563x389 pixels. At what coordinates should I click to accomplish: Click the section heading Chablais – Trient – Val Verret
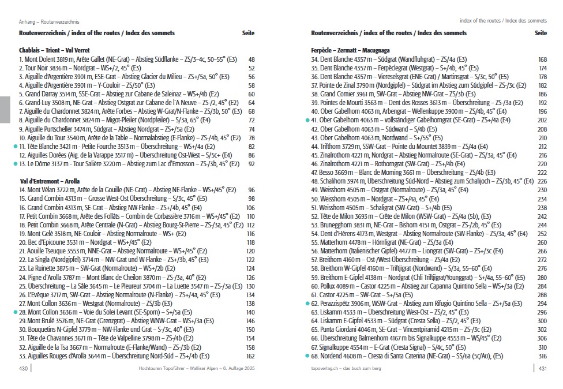pyautogui.click(x=54, y=50)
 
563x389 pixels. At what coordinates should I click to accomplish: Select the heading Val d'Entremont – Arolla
pyautogui.click(x=49, y=181)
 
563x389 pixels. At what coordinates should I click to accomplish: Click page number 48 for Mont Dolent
pyautogui.click(x=251, y=59)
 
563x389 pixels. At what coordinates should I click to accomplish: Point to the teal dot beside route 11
pyautogui.click(x=15, y=147)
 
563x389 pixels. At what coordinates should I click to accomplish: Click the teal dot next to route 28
pyautogui.click(x=15, y=312)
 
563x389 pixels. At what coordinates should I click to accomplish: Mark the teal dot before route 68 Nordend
pyautogui.click(x=307, y=356)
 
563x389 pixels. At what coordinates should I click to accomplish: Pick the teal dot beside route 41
pyautogui.click(x=307, y=120)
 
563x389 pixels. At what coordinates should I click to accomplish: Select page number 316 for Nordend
pyautogui.click(x=542, y=356)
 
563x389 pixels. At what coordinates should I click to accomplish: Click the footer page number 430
pyautogui.click(x=24, y=368)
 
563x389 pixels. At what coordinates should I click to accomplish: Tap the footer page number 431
pyautogui.click(x=542, y=368)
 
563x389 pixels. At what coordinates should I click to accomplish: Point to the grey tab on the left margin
pyautogui.click(x=5, y=109)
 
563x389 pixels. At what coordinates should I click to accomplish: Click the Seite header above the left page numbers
pyautogui.click(x=248, y=33)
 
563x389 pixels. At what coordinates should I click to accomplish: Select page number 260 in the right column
pyautogui.click(x=542, y=242)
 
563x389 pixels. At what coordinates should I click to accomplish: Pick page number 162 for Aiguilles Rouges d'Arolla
pyautogui.click(x=250, y=356)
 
